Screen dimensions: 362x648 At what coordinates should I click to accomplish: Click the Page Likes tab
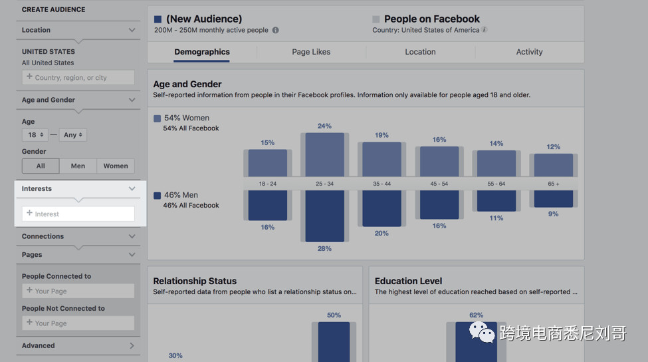click(x=311, y=52)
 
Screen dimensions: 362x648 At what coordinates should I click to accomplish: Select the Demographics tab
click(x=202, y=52)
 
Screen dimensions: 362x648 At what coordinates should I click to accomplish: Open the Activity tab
click(x=529, y=52)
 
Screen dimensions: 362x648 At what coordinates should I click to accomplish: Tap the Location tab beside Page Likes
click(x=420, y=52)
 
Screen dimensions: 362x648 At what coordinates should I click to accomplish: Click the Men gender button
click(x=78, y=166)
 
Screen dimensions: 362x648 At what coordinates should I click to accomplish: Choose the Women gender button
click(x=116, y=166)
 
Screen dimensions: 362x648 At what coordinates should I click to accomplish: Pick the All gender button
click(x=41, y=166)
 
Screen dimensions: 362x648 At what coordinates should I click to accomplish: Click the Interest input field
click(x=78, y=214)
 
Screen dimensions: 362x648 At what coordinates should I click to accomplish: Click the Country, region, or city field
click(x=78, y=78)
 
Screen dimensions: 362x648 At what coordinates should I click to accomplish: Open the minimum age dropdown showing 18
click(x=34, y=134)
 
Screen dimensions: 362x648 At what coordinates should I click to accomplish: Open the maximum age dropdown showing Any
click(x=73, y=134)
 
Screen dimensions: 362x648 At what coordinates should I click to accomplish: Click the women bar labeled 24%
click(x=324, y=154)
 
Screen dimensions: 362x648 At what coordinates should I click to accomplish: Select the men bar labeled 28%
click(x=324, y=216)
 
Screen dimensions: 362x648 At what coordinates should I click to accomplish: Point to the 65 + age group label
click(x=553, y=183)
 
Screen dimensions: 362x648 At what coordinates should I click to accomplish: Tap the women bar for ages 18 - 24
click(x=267, y=163)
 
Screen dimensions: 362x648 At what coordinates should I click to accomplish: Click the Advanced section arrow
click(x=132, y=345)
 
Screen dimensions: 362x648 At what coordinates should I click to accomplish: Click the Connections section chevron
click(x=132, y=236)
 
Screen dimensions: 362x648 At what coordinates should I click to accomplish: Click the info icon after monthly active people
click(x=275, y=30)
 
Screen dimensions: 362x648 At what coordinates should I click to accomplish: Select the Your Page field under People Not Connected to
click(x=78, y=323)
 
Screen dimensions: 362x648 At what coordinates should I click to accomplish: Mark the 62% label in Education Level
click(x=476, y=315)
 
